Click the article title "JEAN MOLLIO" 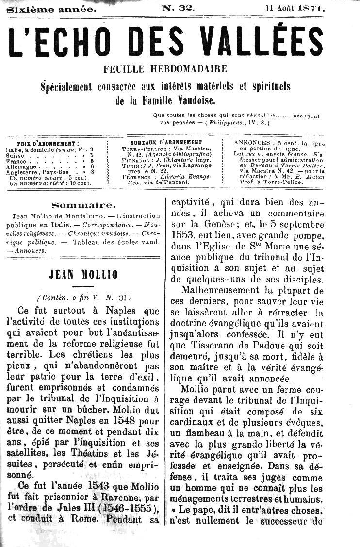pos(83,275)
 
